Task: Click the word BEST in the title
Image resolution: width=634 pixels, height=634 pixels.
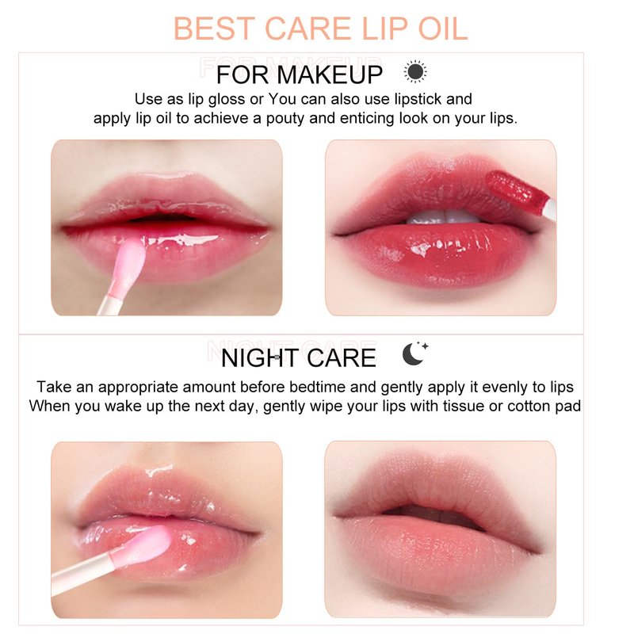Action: [214, 29]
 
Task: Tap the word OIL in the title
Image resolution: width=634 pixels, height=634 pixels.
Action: [443, 29]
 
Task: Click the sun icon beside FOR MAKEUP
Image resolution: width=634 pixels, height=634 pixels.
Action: [414, 71]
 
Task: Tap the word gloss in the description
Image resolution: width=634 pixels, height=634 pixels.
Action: [227, 100]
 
